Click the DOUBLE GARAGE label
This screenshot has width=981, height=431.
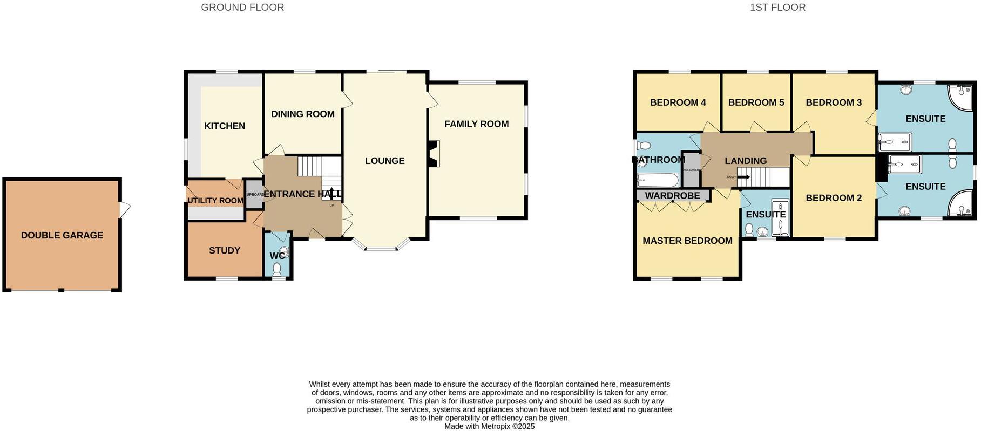pos(62,235)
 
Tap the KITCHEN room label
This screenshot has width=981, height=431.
pos(225,126)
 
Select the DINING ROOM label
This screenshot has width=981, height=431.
pos(302,114)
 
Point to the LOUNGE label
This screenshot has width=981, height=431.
pos(384,161)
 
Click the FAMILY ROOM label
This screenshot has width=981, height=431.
pos(476,124)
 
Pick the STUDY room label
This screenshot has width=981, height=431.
pos(225,250)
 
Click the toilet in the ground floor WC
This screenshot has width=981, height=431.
pos(278,268)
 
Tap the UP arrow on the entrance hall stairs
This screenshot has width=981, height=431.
pos(331,193)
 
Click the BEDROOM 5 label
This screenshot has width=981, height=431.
pos(756,102)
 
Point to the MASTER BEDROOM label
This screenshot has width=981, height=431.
pos(687,241)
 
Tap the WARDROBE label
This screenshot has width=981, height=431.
pos(672,195)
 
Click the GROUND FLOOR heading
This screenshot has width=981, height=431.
pos(242,8)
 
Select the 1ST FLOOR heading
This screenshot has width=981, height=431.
pos(777,8)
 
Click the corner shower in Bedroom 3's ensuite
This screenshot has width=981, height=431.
pos(960,97)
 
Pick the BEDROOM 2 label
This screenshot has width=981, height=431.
pos(834,198)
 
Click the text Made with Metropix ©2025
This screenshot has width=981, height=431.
pos(489,426)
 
